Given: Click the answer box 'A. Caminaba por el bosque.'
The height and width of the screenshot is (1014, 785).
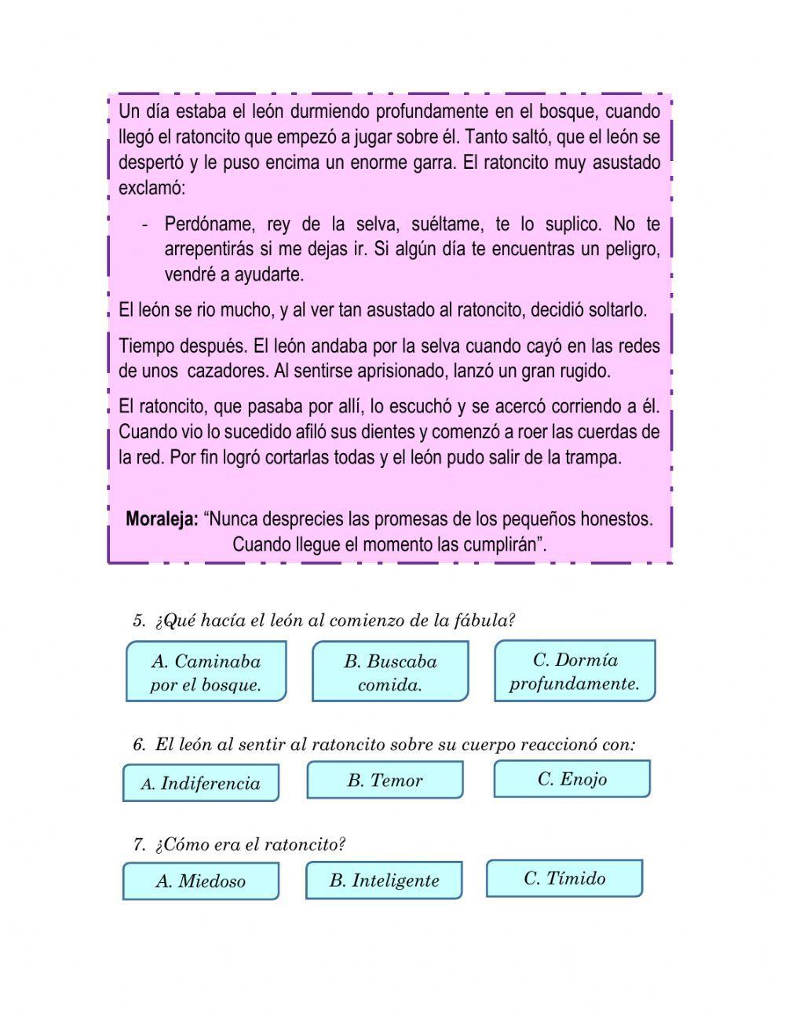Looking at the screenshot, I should (x=206, y=672).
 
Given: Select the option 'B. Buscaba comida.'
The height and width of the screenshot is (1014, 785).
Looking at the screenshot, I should (x=390, y=672).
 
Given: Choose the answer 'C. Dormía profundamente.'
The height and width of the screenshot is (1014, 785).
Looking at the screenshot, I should (x=575, y=671).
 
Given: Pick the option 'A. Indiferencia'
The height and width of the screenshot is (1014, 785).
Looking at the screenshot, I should (x=201, y=783).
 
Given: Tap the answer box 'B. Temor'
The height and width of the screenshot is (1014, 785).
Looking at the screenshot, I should (x=385, y=780).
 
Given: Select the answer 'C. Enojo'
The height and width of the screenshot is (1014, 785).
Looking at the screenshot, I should (x=572, y=778).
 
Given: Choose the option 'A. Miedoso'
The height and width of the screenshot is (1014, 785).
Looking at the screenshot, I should (x=201, y=880).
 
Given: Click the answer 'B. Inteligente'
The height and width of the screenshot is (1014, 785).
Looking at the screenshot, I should (x=384, y=880).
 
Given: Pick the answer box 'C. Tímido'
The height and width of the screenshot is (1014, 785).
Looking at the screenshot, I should (x=564, y=877).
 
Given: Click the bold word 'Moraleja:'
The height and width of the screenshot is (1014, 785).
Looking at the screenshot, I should (x=162, y=519).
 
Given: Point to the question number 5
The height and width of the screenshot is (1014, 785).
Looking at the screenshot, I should (x=139, y=620).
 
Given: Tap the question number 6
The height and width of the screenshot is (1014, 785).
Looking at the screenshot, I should (x=139, y=745).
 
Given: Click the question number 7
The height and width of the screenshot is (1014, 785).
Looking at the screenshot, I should (x=139, y=844).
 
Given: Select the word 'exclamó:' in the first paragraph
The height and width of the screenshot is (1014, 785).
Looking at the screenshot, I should (x=152, y=189).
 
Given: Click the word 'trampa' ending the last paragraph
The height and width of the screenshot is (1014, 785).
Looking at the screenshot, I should (x=593, y=457).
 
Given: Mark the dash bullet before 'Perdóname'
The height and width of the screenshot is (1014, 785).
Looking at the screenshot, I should (x=145, y=225).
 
